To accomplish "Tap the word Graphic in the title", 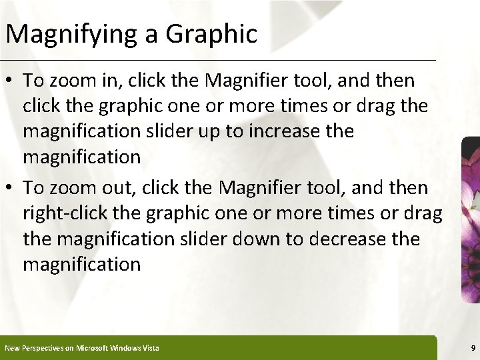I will [213, 34].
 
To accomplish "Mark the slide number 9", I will [472, 348].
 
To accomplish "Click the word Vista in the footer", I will [150, 348].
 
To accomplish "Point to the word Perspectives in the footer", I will [40, 348].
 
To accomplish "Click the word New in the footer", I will [12, 348].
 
